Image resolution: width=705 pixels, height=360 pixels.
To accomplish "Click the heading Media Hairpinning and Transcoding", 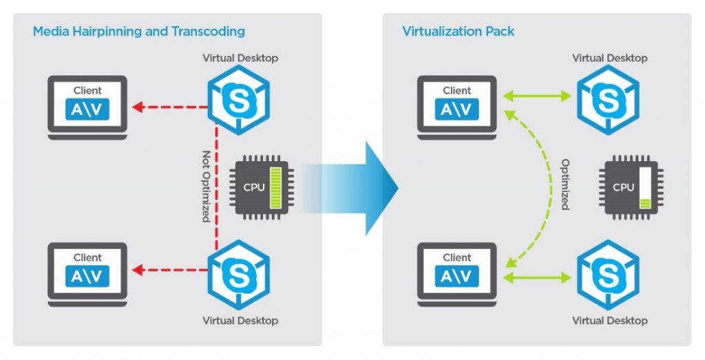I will (138, 32).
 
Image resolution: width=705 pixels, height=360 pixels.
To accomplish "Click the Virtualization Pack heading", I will (458, 32).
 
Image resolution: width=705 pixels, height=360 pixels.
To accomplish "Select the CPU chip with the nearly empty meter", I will (630, 187).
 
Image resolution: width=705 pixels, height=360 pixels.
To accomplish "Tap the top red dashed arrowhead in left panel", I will (138, 107).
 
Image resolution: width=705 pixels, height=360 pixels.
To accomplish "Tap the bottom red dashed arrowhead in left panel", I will (138, 270).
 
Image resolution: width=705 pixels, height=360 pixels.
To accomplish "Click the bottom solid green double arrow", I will (537, 278).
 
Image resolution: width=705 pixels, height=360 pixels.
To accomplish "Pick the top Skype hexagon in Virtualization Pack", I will (608, 100).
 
